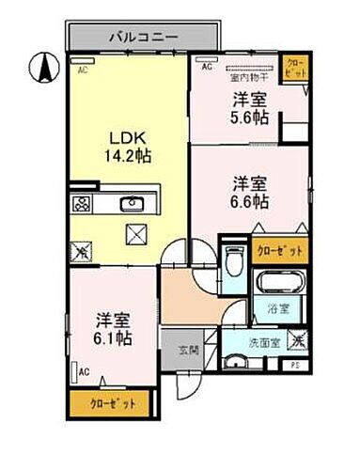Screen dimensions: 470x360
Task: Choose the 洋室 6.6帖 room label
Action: click(250, 191)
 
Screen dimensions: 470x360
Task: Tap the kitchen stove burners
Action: click(81, 204)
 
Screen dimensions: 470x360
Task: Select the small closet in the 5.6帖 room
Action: click(294, 69)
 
